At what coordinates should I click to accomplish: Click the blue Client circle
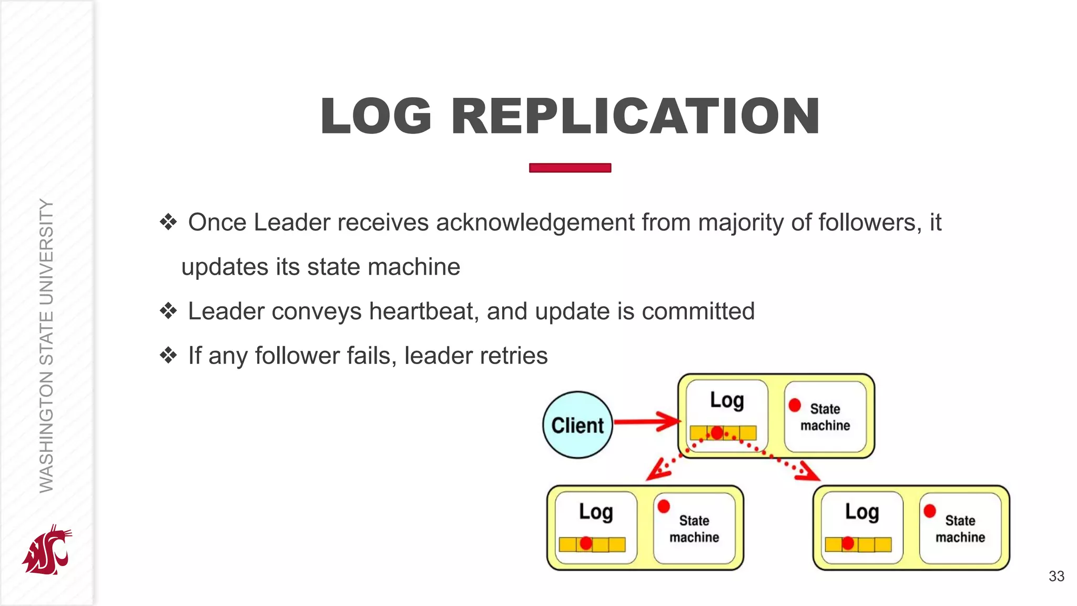coord(577,425)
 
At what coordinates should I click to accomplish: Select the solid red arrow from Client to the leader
coord(647,422)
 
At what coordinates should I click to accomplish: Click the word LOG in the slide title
coord(376,116)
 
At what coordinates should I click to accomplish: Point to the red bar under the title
coord(570,168)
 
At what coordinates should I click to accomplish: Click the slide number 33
coord(1056,576)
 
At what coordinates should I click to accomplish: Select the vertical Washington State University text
coord(46,346)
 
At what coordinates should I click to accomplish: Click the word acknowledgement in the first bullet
coord(535,223)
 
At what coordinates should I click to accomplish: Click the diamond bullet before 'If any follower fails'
coord(168,356)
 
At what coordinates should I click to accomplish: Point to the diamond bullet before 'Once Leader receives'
coord(168,222)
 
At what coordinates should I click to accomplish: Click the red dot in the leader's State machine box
coord(795,405)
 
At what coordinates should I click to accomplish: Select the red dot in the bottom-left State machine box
coord(664,506)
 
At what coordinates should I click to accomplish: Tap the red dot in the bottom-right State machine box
coord(929,511)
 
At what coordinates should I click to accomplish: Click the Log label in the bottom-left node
coord(596,512)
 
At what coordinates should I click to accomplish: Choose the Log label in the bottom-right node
coord(862,512)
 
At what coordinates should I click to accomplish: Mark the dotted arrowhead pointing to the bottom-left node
coord(655,471)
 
